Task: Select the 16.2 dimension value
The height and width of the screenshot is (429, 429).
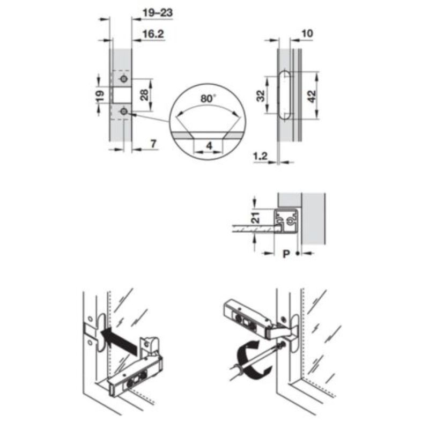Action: (x=153, y=34)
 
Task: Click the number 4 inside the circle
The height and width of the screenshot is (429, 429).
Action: (x=208, y=146)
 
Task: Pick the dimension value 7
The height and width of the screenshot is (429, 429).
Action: (x=152, y=143)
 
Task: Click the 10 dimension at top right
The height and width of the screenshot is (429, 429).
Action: (x=307, y=34)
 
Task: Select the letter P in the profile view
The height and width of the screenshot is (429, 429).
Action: (x=286, y=254)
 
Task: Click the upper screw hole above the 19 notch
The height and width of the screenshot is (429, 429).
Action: (x=124, y=79)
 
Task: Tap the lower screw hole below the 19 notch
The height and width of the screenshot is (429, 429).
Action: (x=124, y=111)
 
